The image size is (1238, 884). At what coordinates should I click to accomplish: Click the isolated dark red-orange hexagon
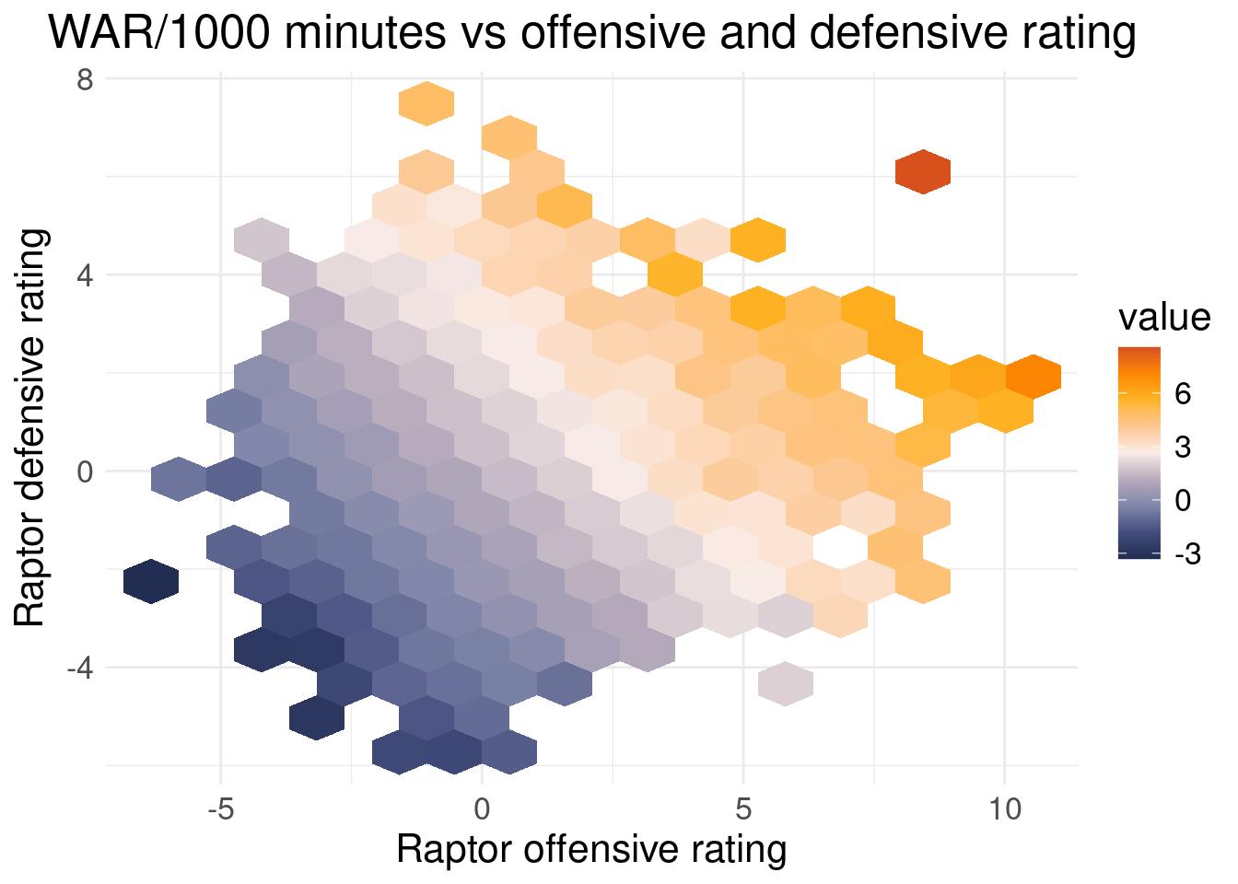pyautogui.click(x=923, y=171)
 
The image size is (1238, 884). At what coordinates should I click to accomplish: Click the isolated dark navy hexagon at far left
pyautogui.click(x=150, y=582)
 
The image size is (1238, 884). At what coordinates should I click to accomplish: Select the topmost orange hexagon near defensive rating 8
pyautogui.click(x=426, y=102)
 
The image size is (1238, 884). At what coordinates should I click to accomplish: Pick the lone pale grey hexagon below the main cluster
pyautogui.click(x=785, y=683)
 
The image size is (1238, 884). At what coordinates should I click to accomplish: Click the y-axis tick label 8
pyautogui.click(x=86, y=79)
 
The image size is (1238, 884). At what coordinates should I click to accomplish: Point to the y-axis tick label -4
pyautogui.click(x=81, y=667)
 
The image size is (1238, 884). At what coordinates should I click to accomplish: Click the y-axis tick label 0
pyautogui.click(x=86, y=471)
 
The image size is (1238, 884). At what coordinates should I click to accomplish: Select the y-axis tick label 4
pyautogui.click(x=86, y=274)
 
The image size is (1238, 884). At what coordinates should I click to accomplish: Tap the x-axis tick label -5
pyautogui.click(x=221, y=810)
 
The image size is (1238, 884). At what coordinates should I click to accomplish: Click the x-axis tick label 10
pyautogui.click(x=1005, y=810)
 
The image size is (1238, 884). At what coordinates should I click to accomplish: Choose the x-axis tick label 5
pyautogui.click(x=744, y=810)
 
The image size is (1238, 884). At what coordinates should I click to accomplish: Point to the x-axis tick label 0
pyautogui.click(x=482, y=810)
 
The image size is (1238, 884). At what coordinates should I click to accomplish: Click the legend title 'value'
pyautogui.click(x=1163, y=318)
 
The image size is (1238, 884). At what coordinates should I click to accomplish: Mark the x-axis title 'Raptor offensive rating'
pyautogui.click(x=590, y=850)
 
